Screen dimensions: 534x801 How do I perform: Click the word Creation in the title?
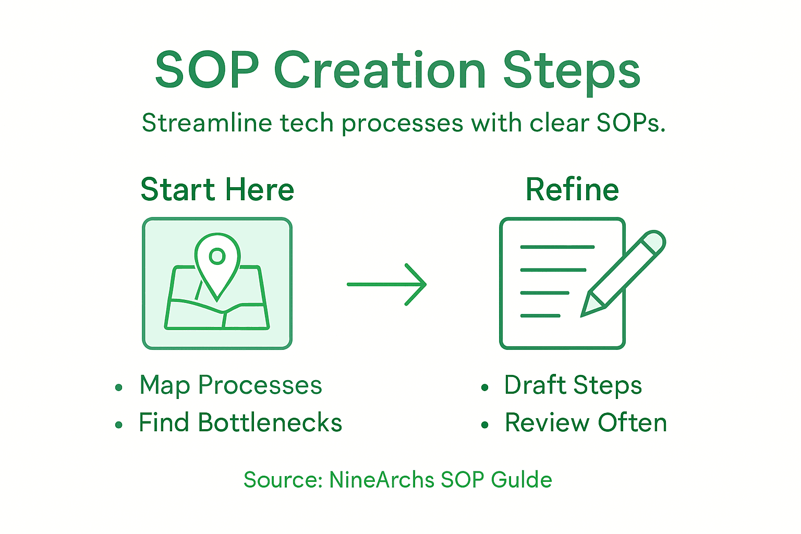[x=380, y=70]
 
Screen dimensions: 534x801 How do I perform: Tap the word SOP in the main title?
[x=207, y=70]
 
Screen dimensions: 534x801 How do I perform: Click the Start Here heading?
[x=217, y=189]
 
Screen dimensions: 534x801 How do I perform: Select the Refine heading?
[x=572, y=189]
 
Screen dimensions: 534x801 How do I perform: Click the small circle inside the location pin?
[x=217, y=256]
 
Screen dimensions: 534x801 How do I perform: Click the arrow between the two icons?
[x=387, y=284]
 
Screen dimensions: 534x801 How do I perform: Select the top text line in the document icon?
[x=557, y=247]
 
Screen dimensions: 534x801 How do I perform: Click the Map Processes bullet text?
[x=230, y=386]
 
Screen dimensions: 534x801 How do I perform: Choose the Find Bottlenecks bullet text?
[x=240, y=423]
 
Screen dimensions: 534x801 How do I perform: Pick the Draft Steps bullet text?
[x=573, y=386]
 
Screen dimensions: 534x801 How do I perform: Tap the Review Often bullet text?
[x=586, y=423]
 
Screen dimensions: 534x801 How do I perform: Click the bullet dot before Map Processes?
[x=119, y=387]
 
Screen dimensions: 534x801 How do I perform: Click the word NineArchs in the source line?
[x=382, y=480]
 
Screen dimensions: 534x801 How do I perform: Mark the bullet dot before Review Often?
[x=485, y=425]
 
